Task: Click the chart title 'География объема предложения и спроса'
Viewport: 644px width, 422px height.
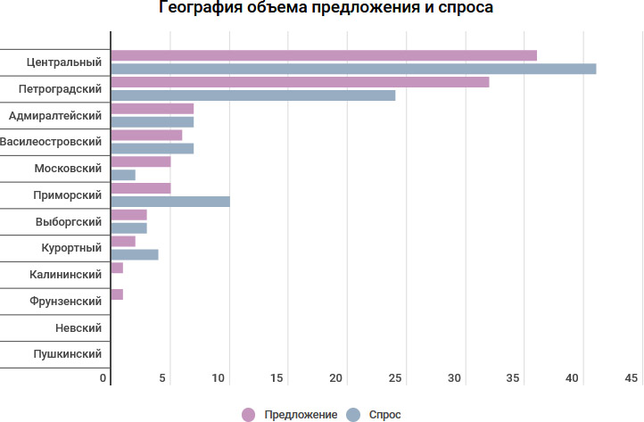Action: [x=326, y=9]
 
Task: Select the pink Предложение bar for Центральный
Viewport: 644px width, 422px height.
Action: [x=324, y=55]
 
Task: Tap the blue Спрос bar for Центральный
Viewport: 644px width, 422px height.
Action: [x=353, y=69]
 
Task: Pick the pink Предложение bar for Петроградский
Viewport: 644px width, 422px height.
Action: [x=300, y=82]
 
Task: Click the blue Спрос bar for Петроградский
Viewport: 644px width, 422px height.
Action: [x=253, y=95]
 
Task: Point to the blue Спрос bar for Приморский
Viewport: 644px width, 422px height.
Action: [x=170, y=201]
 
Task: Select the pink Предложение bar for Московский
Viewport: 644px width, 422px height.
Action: [x=141, y=161]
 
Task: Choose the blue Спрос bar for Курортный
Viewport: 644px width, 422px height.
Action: [x=135, y=254]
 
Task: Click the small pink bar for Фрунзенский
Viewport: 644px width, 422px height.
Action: [x=117, y=294]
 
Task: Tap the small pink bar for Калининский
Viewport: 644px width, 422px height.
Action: [x=117, y=268]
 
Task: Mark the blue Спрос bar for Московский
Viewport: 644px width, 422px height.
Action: [x=123, y=175]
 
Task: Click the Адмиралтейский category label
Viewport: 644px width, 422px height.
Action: [x=54, y=116]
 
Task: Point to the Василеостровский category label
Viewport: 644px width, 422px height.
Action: [x=51, y=142]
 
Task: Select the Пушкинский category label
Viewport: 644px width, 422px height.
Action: [x=67, y=354]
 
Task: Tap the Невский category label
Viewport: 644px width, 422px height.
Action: [x=78, y=327]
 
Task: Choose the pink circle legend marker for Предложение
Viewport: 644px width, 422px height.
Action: [x=248, y=414]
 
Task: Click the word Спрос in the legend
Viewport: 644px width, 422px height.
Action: [x=384, y=415]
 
